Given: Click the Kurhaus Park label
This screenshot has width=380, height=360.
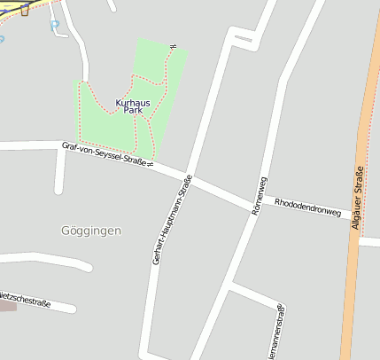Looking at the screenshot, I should coord(133,107).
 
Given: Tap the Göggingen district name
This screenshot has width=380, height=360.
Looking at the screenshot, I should coord(91,231).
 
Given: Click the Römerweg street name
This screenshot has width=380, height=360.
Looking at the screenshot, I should coord(259,196).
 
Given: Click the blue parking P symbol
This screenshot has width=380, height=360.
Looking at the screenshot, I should coord(54,26).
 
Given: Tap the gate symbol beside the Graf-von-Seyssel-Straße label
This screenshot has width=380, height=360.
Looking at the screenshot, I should coord(151,164).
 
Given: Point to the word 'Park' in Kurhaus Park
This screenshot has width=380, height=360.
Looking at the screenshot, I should coord(133,113).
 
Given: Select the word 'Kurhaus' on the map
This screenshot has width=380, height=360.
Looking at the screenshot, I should coord(133,103).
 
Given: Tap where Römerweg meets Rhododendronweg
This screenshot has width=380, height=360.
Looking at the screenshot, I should coord(255,206).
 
